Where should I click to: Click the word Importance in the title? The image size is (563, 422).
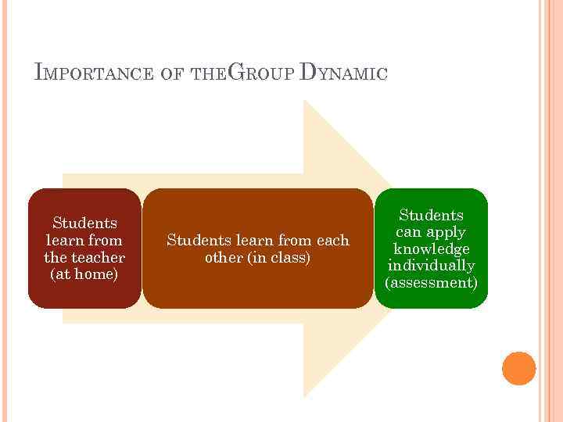click(94, 74)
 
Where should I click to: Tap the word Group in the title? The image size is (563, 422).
click(262, 73)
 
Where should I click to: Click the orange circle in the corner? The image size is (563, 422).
click(518, 368)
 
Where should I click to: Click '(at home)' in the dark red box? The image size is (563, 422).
click(84, 274)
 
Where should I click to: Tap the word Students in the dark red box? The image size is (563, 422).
click(84, 224)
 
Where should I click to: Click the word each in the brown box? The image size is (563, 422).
click(332, 240)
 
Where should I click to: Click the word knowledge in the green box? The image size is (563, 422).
click(432, 249)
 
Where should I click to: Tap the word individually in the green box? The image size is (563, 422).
click(432, 266)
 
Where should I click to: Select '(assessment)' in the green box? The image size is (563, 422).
click(432, 282)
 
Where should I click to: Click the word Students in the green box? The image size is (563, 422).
click(432, 215)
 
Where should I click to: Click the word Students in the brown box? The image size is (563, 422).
click(195, 240)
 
